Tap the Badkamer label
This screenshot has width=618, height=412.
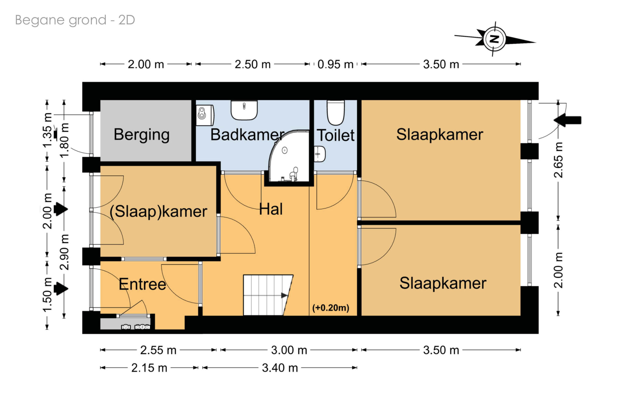247,135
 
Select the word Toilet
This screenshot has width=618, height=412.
336,135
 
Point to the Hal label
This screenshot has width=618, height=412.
271,209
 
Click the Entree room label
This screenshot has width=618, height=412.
142,284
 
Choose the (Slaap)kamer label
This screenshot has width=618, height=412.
158,212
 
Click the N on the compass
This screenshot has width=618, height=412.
495,39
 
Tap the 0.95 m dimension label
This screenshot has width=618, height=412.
335,64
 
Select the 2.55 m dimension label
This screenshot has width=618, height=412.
158,350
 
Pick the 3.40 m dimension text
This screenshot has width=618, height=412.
280,368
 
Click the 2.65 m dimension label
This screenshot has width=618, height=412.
558,160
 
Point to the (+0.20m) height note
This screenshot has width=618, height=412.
331,308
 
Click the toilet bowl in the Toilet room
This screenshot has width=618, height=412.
335,113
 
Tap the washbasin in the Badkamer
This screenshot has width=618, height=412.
244,110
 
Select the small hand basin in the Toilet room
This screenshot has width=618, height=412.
320,154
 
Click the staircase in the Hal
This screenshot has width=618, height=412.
267,295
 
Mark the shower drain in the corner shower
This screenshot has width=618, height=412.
284,150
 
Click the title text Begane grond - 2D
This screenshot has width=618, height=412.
75,20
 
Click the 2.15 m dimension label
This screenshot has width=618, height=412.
149,368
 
